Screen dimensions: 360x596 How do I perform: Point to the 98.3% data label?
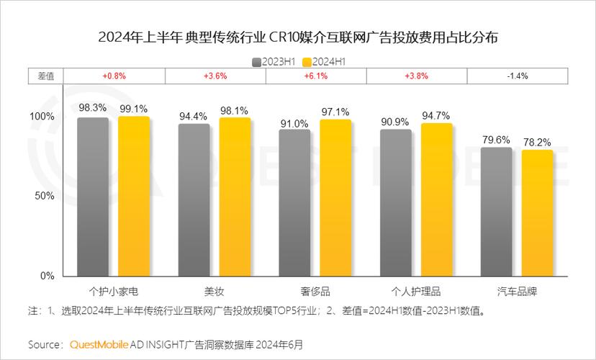93,107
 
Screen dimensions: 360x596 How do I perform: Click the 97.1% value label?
335,112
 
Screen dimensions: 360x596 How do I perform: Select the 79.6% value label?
496,139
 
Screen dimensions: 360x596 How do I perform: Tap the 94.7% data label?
436,115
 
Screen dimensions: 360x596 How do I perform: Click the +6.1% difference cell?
316,76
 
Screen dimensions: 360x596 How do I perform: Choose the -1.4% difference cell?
517,76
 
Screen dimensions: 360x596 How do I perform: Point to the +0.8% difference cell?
114,76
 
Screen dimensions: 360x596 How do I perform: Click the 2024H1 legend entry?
325,61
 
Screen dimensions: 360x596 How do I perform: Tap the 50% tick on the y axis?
45,196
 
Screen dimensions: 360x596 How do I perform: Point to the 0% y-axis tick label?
48,276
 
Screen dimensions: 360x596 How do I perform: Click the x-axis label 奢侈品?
315,292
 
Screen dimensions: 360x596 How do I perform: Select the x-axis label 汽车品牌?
517,292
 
